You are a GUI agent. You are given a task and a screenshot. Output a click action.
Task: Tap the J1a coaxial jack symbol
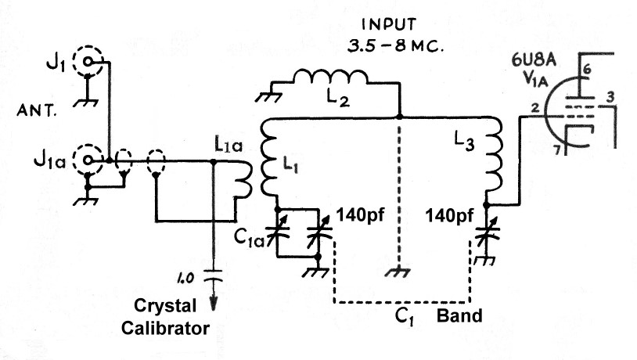click(88, 161)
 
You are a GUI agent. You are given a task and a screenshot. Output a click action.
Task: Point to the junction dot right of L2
click(399, 117)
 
